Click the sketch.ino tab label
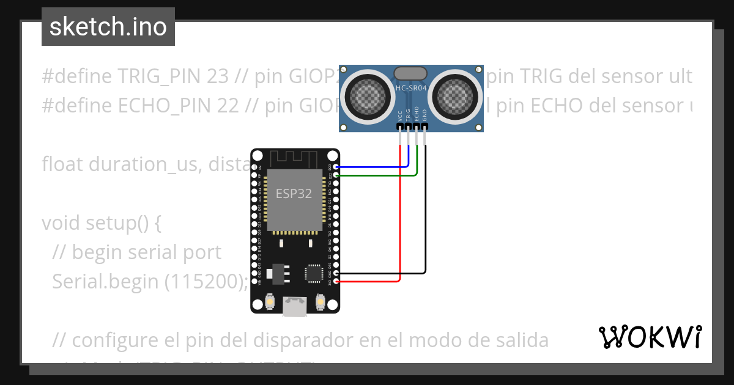coord(108,27)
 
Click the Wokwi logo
coord(650,337)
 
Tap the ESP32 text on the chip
coord(294,194)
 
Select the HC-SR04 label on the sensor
coord(411,88)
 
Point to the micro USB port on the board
coord(295,306)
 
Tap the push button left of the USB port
coord(270,301)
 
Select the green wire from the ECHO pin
coord(379,175)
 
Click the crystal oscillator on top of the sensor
coord(411,73)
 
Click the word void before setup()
coord(62,223)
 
